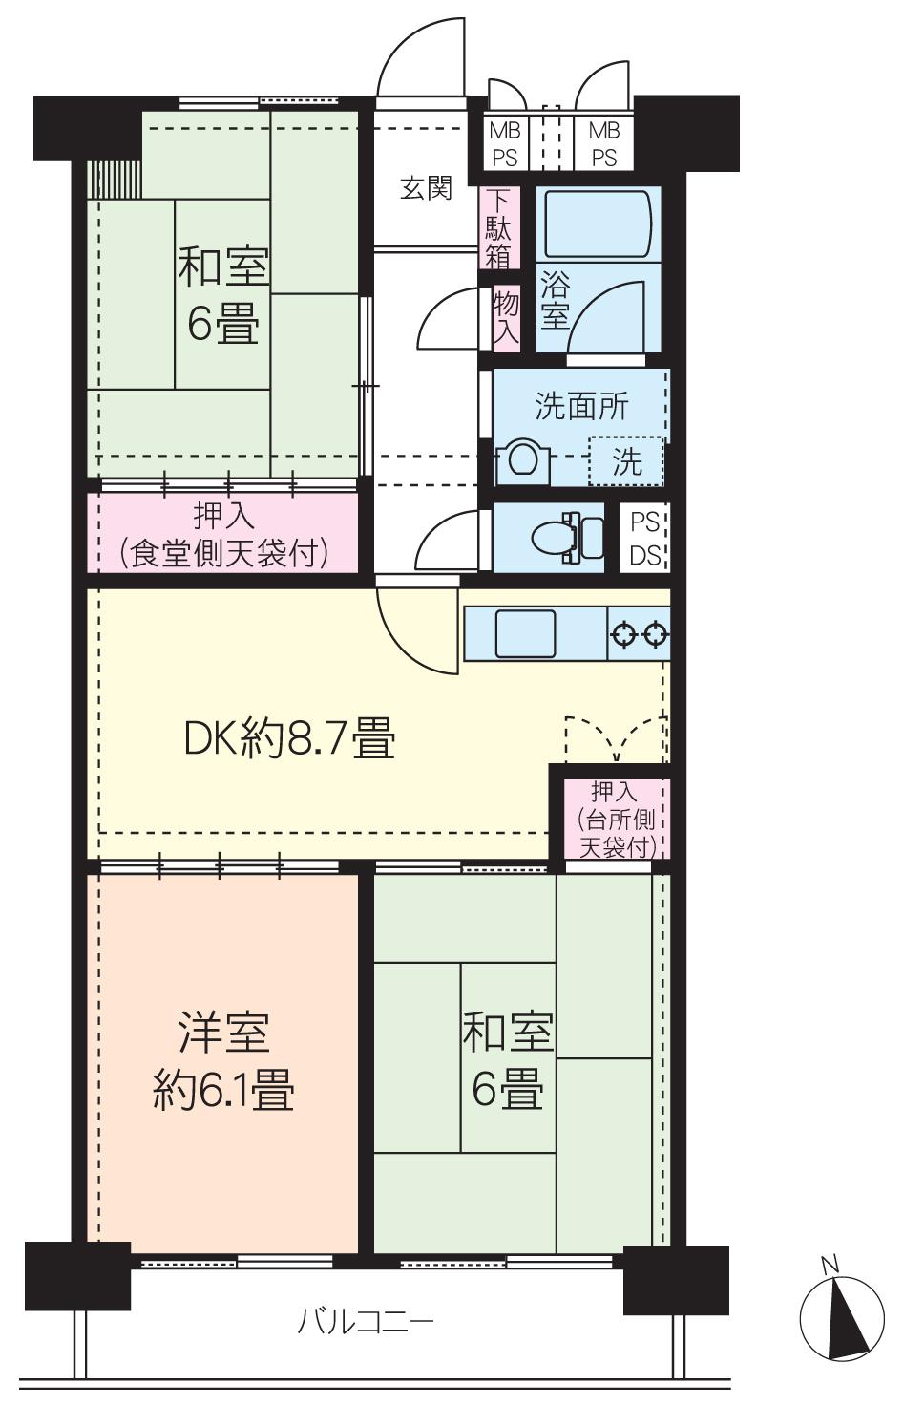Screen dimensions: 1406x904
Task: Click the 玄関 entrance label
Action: point(425,188)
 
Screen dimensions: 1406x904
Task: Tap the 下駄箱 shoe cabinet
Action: point(499,228)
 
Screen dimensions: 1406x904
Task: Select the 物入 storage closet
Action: point(506,317)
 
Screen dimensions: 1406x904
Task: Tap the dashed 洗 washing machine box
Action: point(626,462)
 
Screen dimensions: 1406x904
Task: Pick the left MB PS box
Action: point(504,143)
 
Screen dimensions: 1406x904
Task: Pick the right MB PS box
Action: point(603,143)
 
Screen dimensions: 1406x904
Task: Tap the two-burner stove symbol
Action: point(640,633)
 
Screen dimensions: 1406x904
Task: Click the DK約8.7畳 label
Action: point(289,738)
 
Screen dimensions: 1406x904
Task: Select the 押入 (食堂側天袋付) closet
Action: point(223,534)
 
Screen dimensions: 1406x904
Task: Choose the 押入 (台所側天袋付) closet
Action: point(615,819)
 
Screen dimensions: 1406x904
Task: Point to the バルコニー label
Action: point(366,1322)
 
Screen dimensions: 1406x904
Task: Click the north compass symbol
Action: point(841,1319)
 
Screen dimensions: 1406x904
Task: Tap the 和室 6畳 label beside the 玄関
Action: point(222,295)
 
